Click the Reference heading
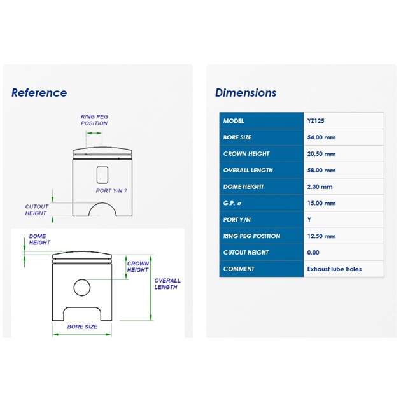click(39, 92)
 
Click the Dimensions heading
click(246, 92)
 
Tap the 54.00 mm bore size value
click(321, 137)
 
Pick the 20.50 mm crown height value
click(321, 154)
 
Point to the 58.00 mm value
click(321, 171)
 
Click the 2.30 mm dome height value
click(320, 186)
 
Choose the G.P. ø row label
click(232, 203)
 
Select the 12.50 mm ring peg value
click(321, 236)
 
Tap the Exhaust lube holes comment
click(334, 269)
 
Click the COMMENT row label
click(239, 269)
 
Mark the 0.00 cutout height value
click(313, 253)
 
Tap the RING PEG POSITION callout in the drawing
click(94, 120)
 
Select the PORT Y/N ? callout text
click(111, 191)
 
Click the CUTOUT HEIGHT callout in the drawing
click(36, 209)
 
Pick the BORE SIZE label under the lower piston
click(82, 327)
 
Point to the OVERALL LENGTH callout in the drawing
click(167, 284)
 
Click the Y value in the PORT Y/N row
click(309, 220)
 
